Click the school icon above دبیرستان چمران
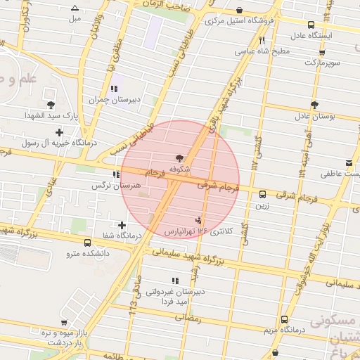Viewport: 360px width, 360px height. [113, 89]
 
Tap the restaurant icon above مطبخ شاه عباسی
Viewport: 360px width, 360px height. [262, 40]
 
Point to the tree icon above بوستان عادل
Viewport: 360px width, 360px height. [315, 104]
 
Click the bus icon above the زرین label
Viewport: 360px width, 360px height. [262, 195]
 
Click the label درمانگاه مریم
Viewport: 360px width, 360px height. [284, 330]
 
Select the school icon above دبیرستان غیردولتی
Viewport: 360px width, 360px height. [175, 281]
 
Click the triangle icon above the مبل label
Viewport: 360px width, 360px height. [75, 8]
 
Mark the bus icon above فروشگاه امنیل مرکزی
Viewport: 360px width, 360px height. [240, 10]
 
